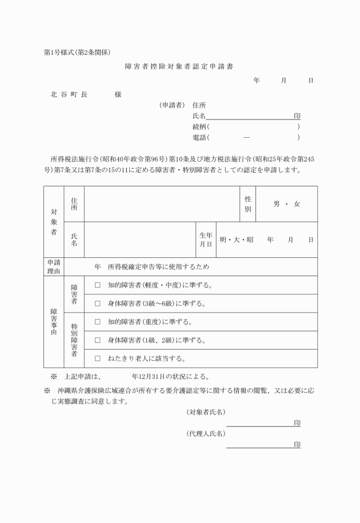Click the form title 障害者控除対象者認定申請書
click(x=179, y=66)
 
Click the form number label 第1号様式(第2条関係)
click(x=77, y=53)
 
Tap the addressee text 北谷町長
click(x=69, y=94)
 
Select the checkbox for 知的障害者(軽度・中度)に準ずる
click(x=97, y=285)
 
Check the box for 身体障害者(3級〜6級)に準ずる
click(x=97, y=303)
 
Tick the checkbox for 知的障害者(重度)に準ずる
click(x=97, y=322)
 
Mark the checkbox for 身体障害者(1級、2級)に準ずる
click(x=97, y=340)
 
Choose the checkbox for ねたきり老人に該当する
click(x=97, y=358)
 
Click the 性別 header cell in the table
click(x=248, y=203)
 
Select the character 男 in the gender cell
click(x=277, y=203)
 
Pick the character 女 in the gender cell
click(x=297, y=203)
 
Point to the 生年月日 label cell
click(x=206, y=239)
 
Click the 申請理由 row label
click(x=53, y=266)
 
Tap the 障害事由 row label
click(x=53, y=322)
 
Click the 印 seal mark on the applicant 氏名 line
click(x=297, y=115)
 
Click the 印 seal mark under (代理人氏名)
click(x=297, y=444)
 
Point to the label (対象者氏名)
click(x=206, y=412)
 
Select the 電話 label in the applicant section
click(x=199, y=137)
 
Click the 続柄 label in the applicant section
click(x=199, y=126)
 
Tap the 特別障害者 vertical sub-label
click(x=74, y=340)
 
